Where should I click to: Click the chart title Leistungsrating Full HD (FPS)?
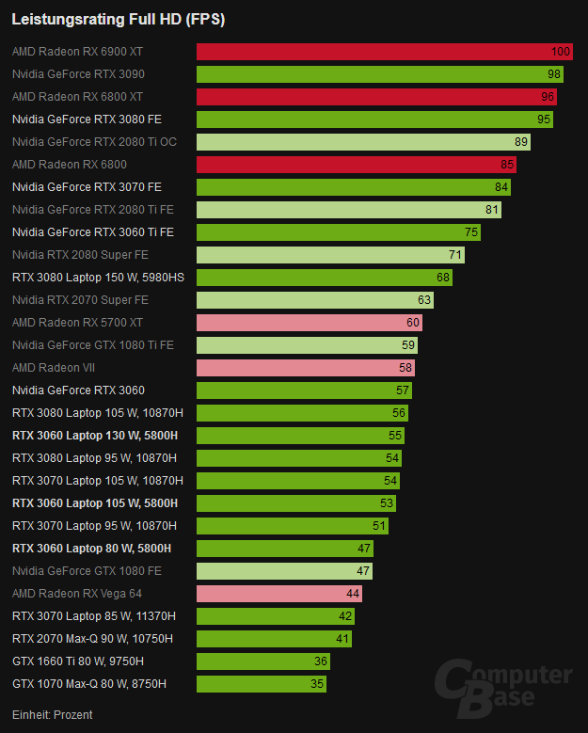coord(118,19)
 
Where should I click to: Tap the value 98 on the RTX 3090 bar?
coord(553,74)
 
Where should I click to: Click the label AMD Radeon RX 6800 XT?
coord(78,97)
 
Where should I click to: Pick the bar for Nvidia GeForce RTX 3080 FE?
coord(374,120)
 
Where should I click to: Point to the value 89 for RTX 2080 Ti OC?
coord(521,142)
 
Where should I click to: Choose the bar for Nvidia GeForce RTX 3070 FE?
coord(353,187)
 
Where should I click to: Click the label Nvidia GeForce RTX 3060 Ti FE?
coord(93,232)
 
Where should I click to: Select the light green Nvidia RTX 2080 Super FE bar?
coord(330,255)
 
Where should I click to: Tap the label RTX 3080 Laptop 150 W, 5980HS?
coord(99,278)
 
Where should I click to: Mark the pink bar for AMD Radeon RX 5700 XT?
coord(309,323)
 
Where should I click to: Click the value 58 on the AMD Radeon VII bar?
coord(405,368)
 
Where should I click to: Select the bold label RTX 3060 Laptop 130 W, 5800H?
coord(95,436)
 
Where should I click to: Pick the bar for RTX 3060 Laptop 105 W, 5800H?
coord(295,503)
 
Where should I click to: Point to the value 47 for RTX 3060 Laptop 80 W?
coord(364,549)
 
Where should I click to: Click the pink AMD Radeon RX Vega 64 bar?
coord(278,594)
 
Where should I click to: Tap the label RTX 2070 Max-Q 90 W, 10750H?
coord(93,639)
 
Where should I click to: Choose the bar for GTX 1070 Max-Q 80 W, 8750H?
coord(262,684)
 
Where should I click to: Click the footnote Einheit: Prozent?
coord(53,715)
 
